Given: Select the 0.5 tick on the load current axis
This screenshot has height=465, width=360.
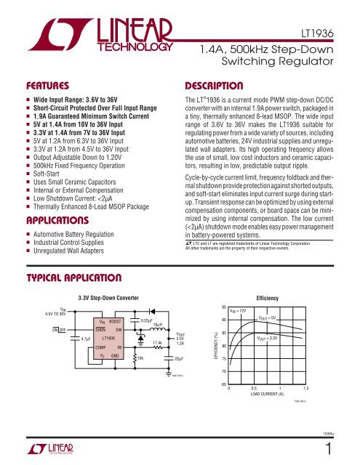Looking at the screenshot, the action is (x=265, y=389).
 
